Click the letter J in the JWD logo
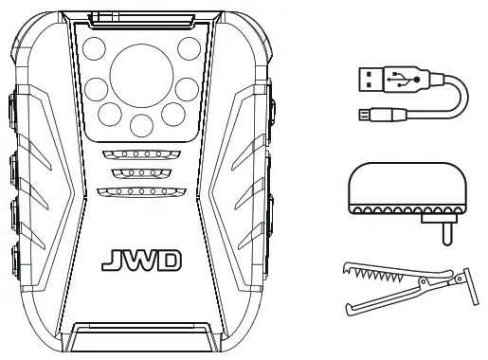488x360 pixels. [108, 257]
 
